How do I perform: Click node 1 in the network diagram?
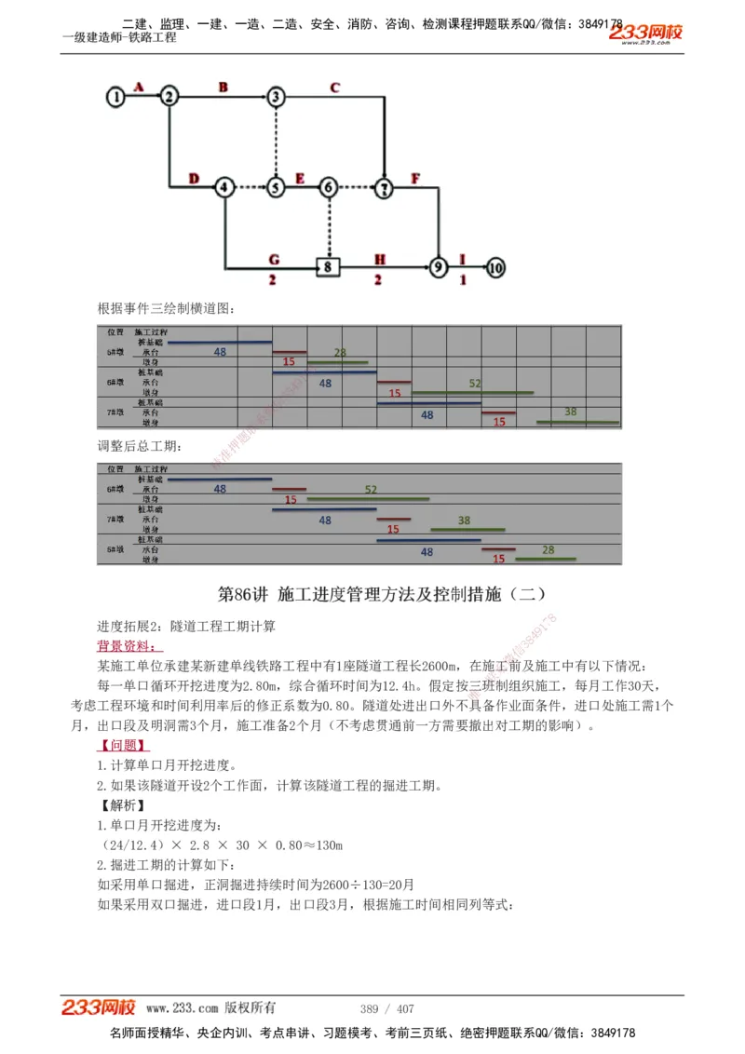tap(115, 96)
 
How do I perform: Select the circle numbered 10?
tap(495, 267)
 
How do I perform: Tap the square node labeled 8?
tap(328, 267)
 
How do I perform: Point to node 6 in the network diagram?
tap(328, 187)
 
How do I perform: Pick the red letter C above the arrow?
tap(335, 88)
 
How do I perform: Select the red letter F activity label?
tap(415, 177)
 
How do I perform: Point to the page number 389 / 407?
tap(386, 1008)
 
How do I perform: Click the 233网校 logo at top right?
tap(645, 34)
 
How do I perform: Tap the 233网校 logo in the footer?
tap(99, 1007)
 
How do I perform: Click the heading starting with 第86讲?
tap(381, 594)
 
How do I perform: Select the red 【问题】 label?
tap(124, 746)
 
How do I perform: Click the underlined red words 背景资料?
tap(129, 645)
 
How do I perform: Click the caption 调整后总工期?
tap(141, 446)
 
